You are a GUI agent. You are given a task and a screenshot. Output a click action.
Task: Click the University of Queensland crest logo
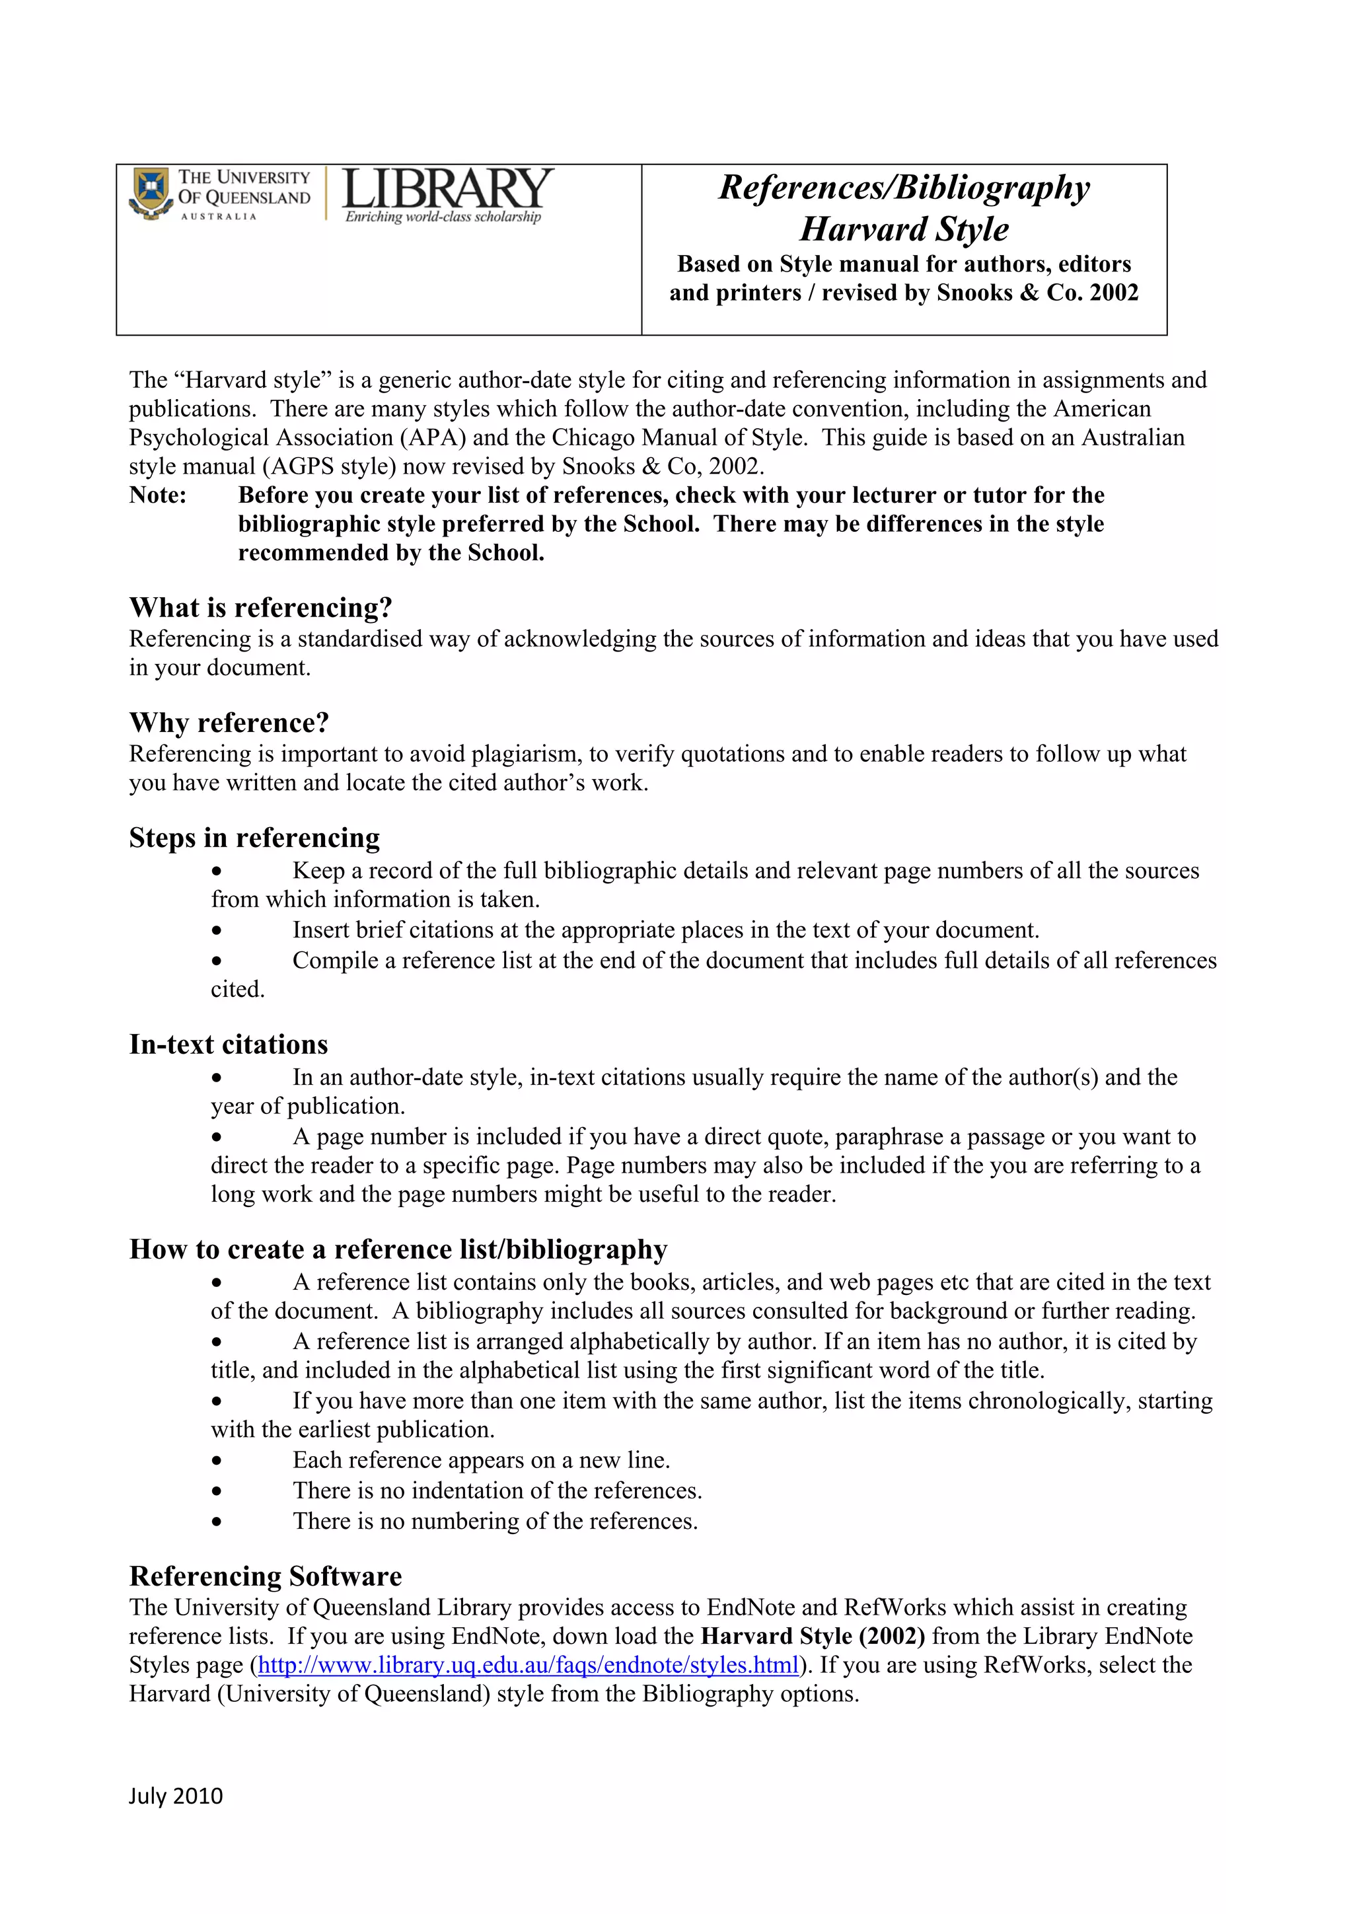151,194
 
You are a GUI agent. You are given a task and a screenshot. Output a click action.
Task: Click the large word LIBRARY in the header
447,188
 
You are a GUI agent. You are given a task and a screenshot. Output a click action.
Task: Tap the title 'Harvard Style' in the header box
904,229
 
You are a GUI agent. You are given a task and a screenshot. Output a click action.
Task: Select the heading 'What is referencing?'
260,608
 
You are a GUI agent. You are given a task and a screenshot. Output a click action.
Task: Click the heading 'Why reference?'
229,723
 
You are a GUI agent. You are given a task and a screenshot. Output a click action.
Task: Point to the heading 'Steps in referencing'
254,838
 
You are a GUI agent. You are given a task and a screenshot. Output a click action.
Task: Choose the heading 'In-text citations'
229,1045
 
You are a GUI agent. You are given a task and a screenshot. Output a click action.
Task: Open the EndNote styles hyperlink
529,1666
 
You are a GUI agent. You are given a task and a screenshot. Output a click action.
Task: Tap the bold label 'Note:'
157,495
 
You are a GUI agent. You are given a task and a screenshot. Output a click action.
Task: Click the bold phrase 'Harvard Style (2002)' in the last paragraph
813,1637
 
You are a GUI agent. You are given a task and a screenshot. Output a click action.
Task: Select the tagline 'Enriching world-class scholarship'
443,217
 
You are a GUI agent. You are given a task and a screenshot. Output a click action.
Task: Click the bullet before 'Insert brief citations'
217,930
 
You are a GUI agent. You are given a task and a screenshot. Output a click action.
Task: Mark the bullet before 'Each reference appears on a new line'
217,1461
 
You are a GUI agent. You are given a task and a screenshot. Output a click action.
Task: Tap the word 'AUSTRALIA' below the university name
219,217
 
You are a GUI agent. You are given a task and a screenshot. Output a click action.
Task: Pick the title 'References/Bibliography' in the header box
904,188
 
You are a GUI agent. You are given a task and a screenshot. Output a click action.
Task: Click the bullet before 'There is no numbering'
217,1522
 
